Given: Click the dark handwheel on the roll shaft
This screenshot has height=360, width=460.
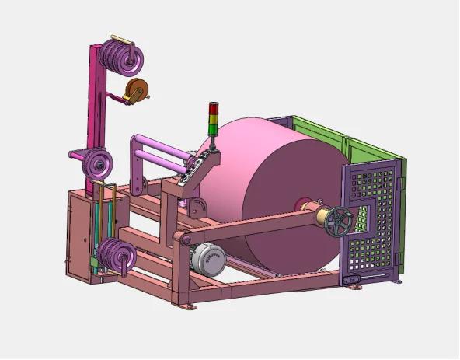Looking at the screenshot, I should coord(339,223).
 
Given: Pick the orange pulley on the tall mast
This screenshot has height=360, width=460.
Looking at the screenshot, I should coord(138,92).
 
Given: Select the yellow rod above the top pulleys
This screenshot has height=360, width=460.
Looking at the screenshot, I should coord(123,38).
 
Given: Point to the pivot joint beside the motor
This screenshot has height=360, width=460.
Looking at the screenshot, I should coord(179,237).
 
